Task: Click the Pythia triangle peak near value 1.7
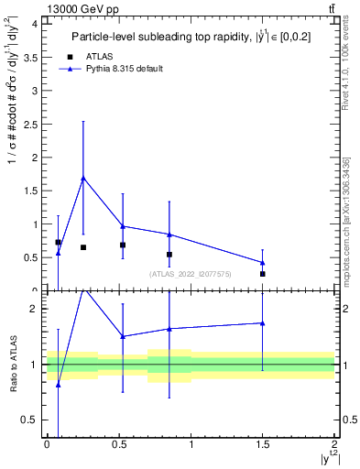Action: (x=83, y=178)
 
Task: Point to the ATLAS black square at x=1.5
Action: (x=262, y=274)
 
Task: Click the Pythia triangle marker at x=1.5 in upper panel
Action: (x=262, y=262)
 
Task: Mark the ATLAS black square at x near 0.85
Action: (x=169, y=255)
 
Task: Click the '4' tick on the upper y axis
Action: (x=35, y=25)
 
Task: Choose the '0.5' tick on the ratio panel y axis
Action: (x=31, y=420)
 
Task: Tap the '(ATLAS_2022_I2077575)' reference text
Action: (x=191, y=274)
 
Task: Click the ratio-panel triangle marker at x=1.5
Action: (x=262, y=322)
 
